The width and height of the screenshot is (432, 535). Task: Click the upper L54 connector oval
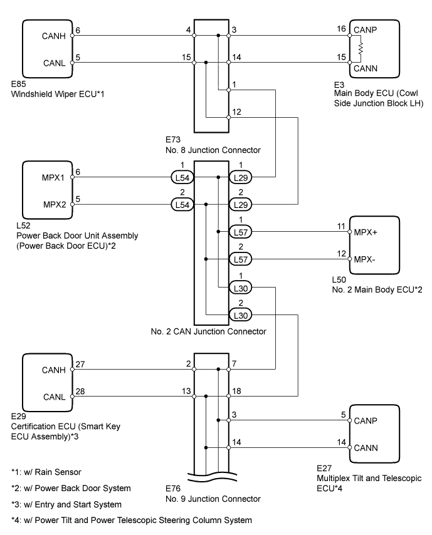click(x=182, y=179)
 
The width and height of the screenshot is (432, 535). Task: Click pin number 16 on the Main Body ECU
click(x=342, y=29)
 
